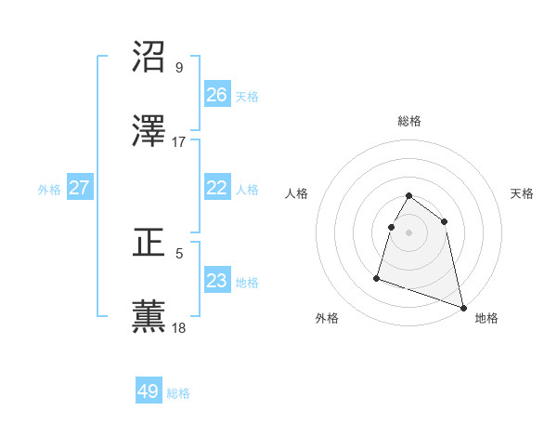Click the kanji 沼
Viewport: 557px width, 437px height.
[149, 58]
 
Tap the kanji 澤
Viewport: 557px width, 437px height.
[149, 132]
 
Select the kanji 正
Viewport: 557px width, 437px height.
[149, 243]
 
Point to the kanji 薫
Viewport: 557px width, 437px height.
[149, 317]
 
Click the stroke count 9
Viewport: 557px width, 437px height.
[179, 67]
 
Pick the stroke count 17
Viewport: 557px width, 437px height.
[179, 141]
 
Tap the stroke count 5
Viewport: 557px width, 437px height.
[179, 252]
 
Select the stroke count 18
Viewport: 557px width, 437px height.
[179, 326]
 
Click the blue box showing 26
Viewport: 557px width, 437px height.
[217, 95]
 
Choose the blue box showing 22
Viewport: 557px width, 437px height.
[217, 188]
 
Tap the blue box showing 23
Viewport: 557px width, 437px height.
[217, 281]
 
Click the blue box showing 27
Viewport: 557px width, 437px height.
[80, 188]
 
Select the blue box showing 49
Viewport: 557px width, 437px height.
[149, 391]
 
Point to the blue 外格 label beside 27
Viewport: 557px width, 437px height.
[49, 190]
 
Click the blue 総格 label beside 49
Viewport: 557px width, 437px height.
[178, 393]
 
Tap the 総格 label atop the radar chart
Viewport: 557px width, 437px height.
[409, 121]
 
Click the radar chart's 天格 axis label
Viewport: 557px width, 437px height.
[523, 193]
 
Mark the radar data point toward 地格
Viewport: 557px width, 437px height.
[462, 307]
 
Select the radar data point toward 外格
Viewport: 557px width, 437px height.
[377, 277]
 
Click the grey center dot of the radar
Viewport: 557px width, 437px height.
[409, 232]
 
